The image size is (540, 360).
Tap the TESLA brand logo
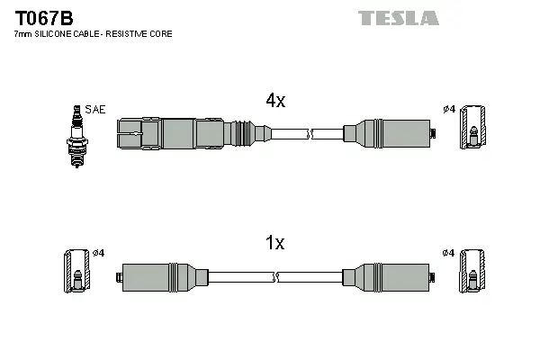pyautogui.click(x=398, y=17)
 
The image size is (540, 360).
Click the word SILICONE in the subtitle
pyautogui.click(x=53, y=33)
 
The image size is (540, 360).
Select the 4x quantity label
pyautogui.click(x=274, y=102)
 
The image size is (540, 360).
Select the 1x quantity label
pyautogui.click(x=274, y=243)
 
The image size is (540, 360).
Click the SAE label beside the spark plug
pyautogui.click(x=96, y=110)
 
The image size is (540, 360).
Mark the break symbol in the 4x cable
pyautogui.click(x=310, y=134)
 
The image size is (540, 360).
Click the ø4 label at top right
pyautogui.click(x=448, y=110)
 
